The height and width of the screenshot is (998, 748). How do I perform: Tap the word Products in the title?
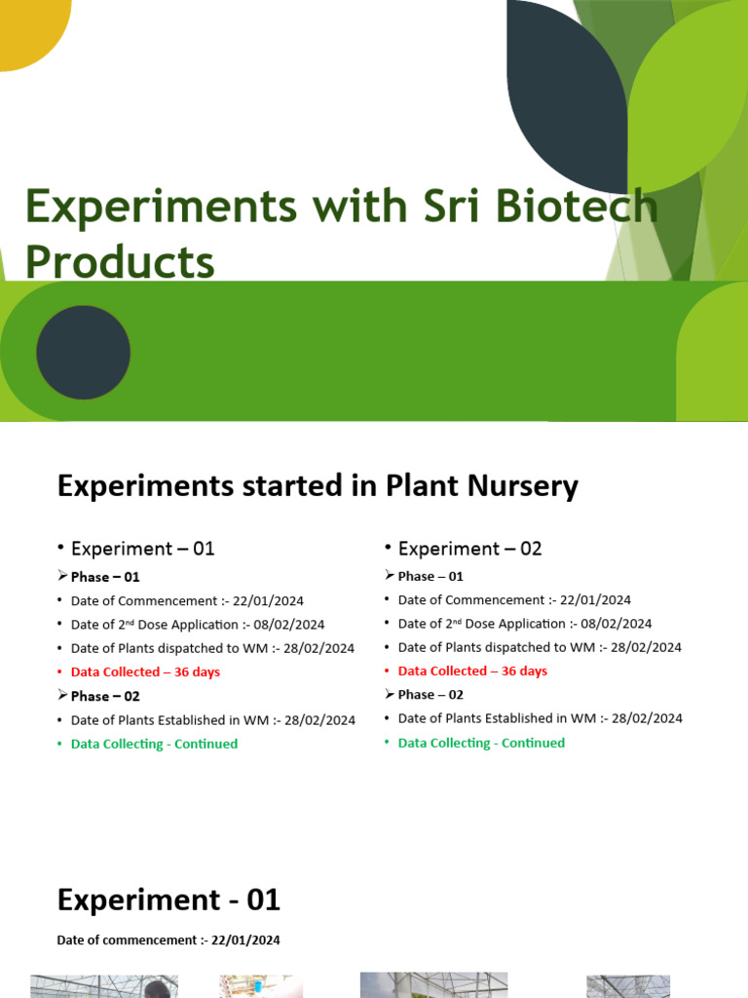(x=119, y=261)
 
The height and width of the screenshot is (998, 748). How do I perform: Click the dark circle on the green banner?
(x=84, y=352)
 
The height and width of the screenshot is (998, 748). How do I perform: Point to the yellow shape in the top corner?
(x=29, y=29)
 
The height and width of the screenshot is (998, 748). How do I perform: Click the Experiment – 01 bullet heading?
(x=142, y=549)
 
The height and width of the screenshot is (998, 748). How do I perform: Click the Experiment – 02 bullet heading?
(x=469, y=549)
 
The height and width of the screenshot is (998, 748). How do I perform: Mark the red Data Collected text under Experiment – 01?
(x=145, y=672)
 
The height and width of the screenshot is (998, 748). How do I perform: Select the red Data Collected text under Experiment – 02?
(x=472, y=672)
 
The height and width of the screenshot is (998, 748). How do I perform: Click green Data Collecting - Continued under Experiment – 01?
(x=154, y=744)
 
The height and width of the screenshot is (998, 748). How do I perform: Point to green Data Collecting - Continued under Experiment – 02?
(x=481, y=743)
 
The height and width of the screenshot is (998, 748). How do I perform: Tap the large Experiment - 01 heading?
(x=168, y=900)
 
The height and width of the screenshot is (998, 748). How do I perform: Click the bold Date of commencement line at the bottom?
(x=168, y=940)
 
